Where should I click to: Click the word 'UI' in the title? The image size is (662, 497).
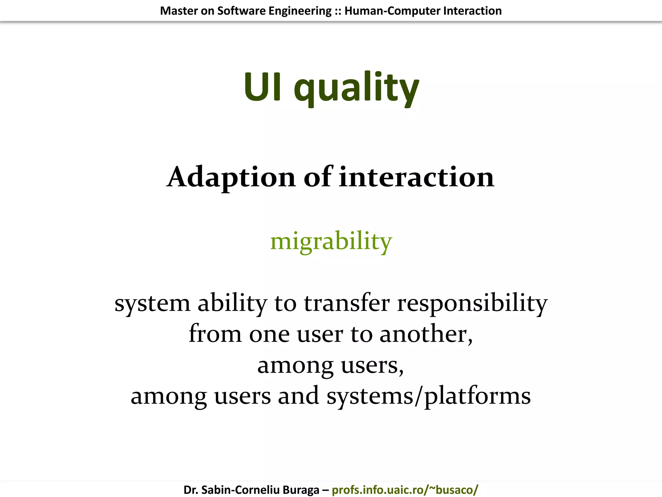262,87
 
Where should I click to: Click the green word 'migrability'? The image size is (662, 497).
331,241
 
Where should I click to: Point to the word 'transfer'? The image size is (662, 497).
347,303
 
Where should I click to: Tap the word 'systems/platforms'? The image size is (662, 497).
428,396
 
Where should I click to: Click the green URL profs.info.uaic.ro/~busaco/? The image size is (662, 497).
405,490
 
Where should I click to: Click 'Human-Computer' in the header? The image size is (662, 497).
392,11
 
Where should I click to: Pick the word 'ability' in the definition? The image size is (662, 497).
232,303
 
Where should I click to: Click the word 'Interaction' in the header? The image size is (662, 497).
472,11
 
